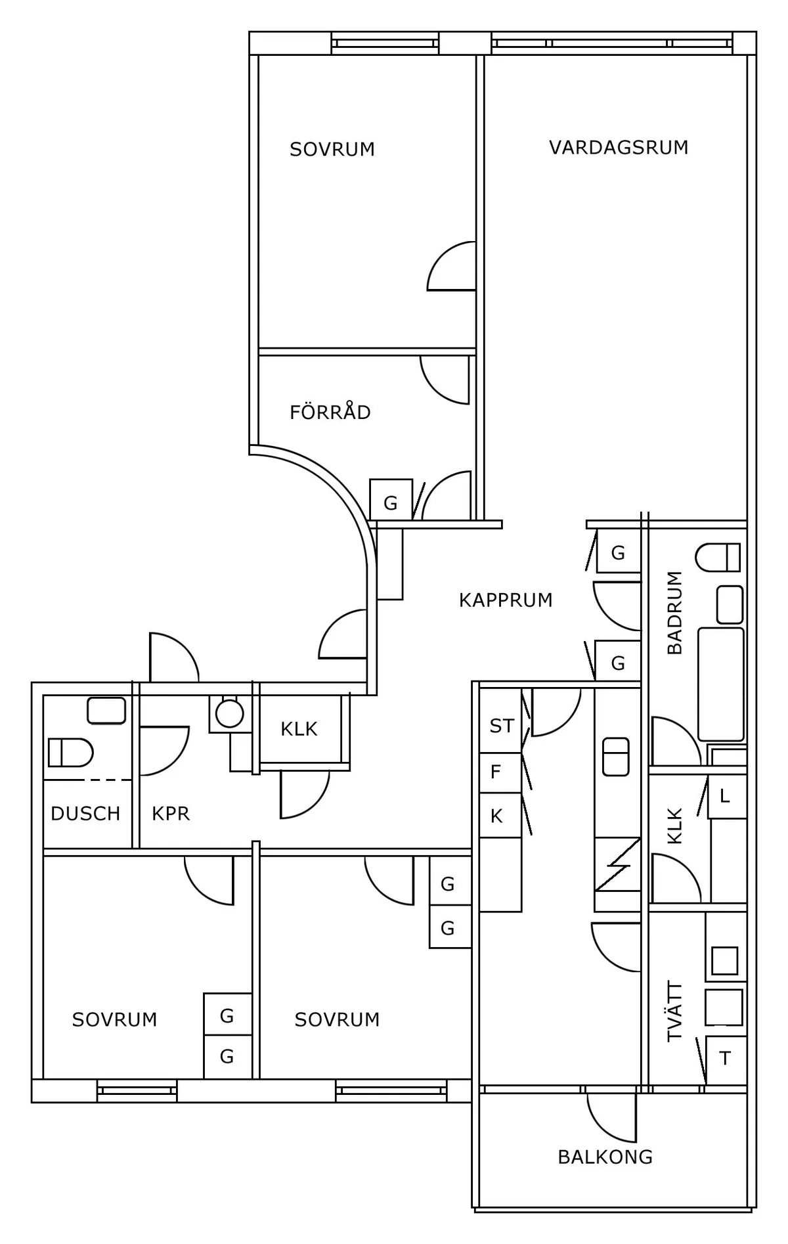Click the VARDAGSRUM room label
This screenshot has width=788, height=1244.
tap(619, 147)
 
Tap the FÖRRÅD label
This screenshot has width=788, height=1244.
tap(330, 412)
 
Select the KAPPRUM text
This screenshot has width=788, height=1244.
tap(506, 600)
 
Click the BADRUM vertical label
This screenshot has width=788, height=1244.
tap(674, 613)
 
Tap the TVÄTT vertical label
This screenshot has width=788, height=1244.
tap(674, 1011)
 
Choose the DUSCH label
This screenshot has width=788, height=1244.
tap(85, 814)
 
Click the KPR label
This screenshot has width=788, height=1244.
tap(171, 814)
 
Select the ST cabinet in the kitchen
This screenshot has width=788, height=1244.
tap(501, 726)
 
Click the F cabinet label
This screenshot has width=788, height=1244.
tap(496, 772)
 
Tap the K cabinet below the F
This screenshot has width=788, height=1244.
tap(496, 816)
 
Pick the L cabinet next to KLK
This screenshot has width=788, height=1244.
tap(725, 797)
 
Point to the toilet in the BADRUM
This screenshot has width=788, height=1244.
tap(718, 557)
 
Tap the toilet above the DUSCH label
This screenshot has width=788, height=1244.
tap(70, 753)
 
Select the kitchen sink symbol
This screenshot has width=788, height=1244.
tap(616, 757)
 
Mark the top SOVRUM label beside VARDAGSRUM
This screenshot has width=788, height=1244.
tap(332, 150)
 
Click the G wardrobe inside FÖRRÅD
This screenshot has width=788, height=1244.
tap(391, 503)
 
